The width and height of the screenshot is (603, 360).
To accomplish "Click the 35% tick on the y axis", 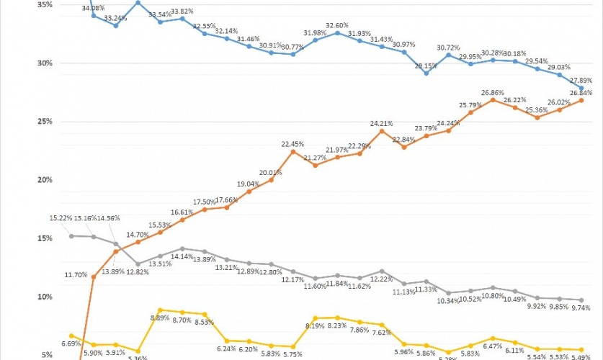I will pyautogui.click(x=43, y=4).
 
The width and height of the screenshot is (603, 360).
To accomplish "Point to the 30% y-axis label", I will pyautogui.click(x=43, y=63).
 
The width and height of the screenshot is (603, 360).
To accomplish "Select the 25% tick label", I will pyautogui.click(x=43, y=121).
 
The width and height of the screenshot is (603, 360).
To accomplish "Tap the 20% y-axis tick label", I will pyautogui.click(x=43, y=179).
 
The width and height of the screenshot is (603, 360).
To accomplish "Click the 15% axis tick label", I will pyautogui.click(x=43, y=238).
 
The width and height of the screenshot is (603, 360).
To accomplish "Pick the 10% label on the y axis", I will pyautogui.click(x=43, y=297).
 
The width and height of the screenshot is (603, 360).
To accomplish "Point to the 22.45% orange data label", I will pyautogui.click(x=294, y=144).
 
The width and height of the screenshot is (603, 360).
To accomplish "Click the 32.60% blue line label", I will pyautogui.click(x=337, y=24).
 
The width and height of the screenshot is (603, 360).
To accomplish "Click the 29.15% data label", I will pyautogui.click(x=426, y=65).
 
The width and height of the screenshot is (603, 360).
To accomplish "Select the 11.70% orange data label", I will pyautogui.click(x=76, y=274).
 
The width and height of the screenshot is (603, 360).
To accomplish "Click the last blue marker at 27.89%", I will pyautogui.click(x=581, y=88).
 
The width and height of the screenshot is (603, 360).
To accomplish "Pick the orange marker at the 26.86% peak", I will pyautogui.click(x=493, y=100).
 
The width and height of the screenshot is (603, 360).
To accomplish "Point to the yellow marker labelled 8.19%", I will pyautogui.click(x=316, y=318).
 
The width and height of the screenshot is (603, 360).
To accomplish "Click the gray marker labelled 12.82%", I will pyautogui.click(x=138, y=264).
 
